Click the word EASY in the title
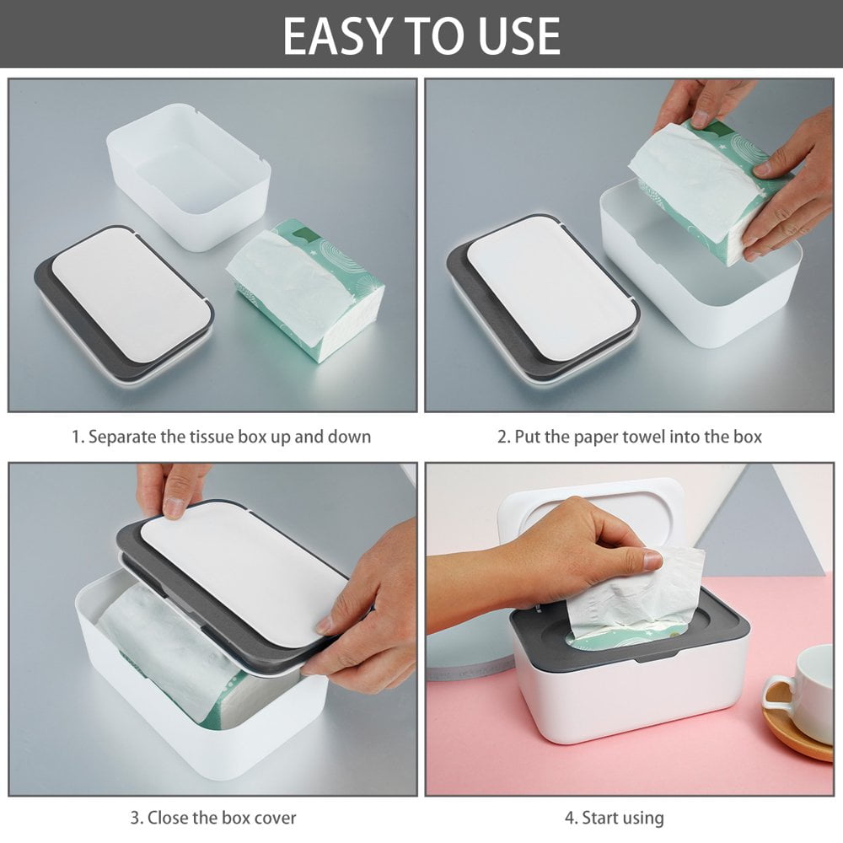click(336, 35)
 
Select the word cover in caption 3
click(275, 817)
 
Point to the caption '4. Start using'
click(614, 817)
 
